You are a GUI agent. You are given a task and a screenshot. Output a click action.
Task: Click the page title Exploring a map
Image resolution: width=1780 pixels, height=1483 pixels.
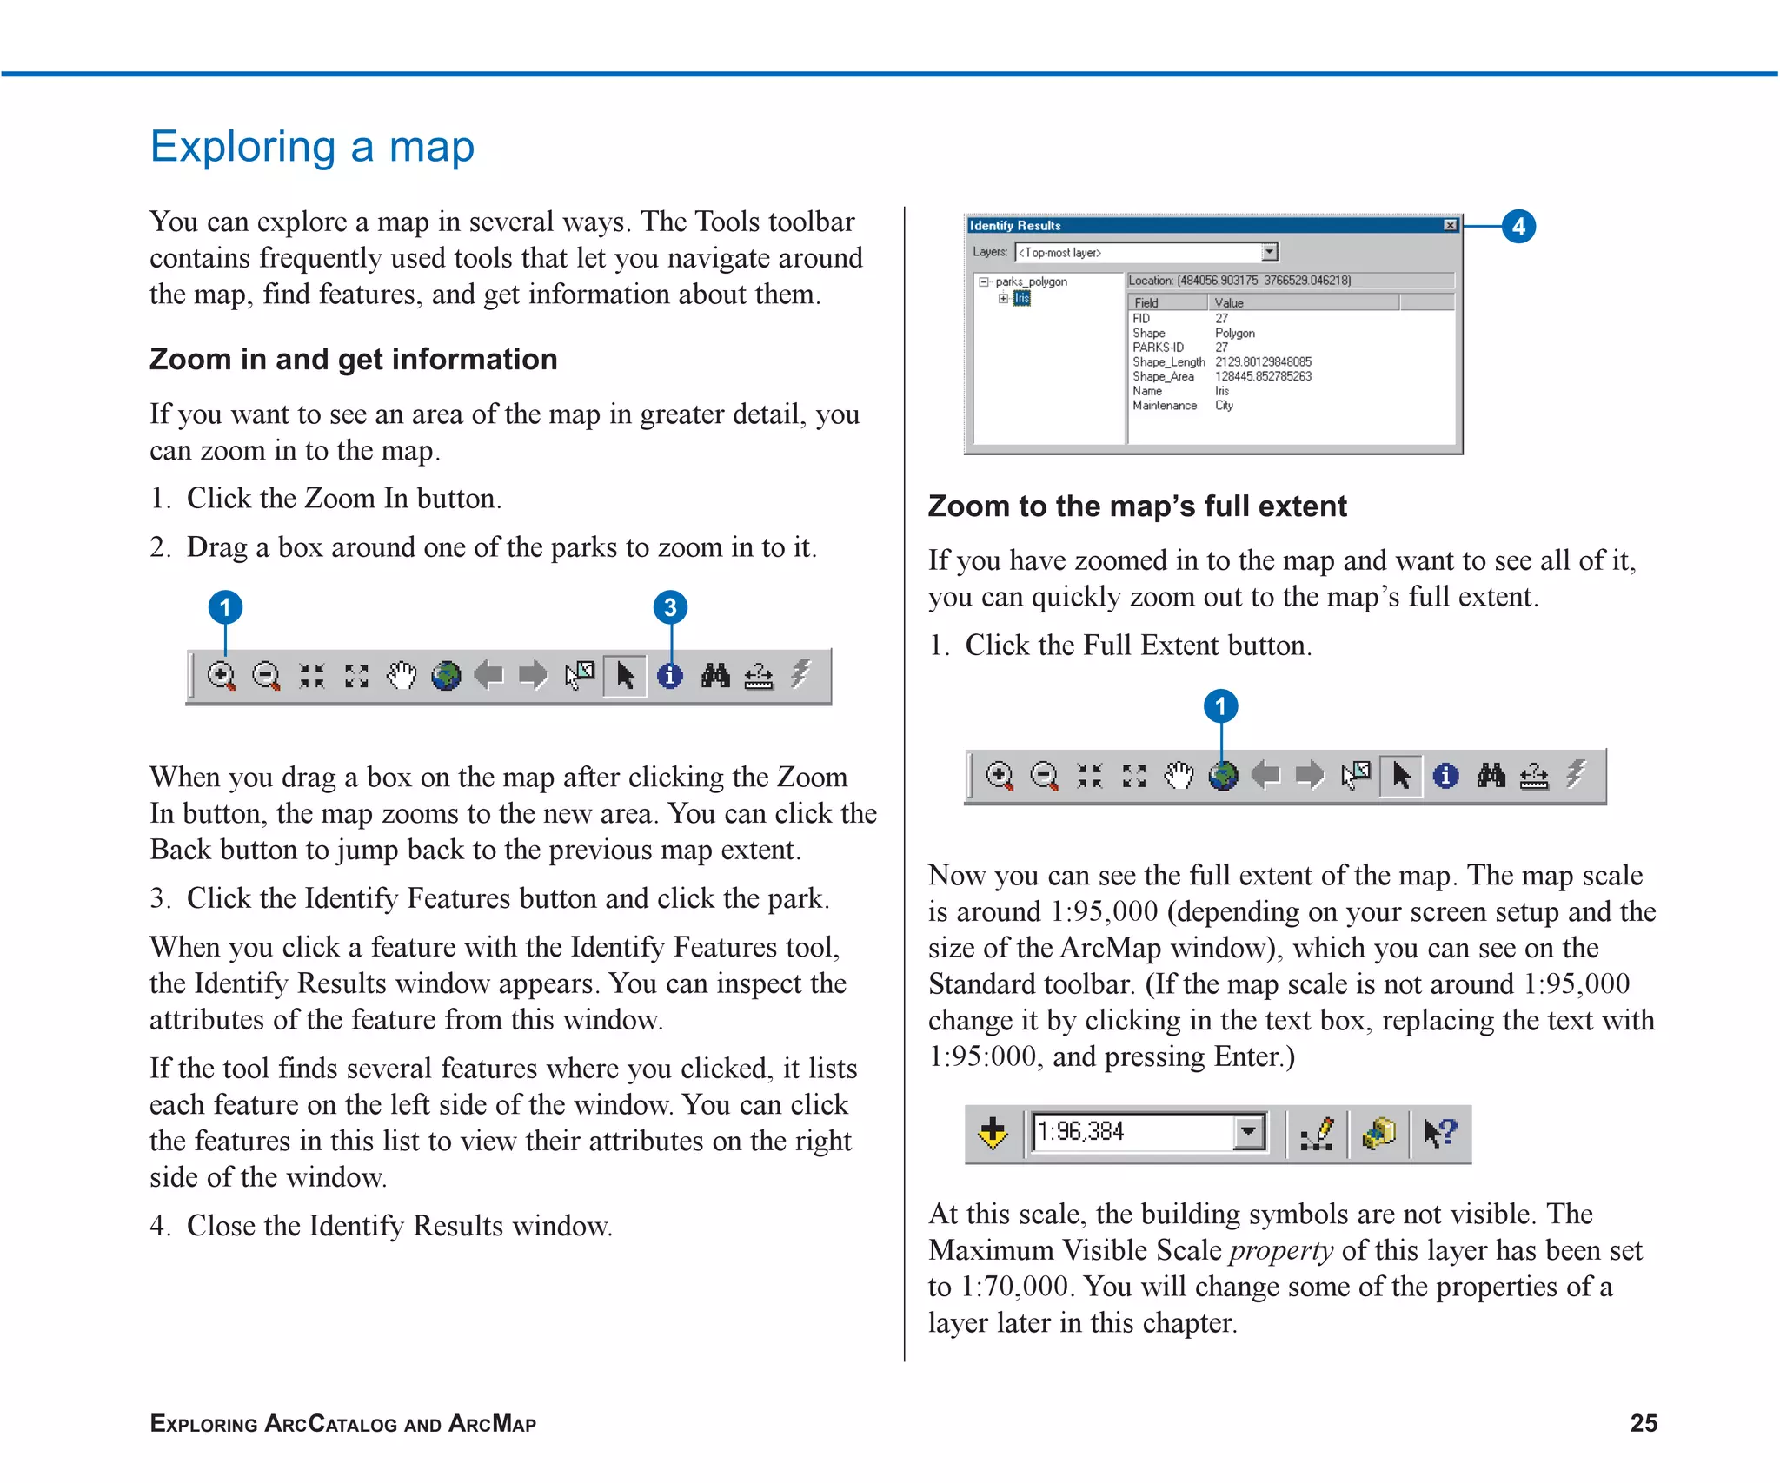coord(312,147)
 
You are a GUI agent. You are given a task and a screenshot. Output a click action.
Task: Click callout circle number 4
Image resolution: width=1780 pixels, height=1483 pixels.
coord(1518,227)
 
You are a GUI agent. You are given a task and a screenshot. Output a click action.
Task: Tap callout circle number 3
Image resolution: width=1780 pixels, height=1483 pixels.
coord(670,607)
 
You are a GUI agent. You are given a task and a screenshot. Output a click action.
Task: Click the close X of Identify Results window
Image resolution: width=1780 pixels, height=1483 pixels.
coord(1450,225)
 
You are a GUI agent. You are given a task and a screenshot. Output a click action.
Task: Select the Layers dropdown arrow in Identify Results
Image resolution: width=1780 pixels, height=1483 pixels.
coord(1270,252)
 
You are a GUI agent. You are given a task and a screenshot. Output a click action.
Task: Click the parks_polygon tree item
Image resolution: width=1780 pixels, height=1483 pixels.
coord(1031,281)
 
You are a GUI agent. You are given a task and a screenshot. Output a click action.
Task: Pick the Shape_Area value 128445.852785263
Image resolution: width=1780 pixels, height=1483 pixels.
coord(1263,376)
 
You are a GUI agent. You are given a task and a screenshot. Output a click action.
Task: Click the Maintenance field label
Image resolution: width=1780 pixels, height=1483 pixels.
coord(1164,406)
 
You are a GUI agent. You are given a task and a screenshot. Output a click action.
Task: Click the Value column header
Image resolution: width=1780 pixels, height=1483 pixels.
coord(1229,303)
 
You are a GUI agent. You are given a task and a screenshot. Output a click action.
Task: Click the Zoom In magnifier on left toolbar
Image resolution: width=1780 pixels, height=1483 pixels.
coord(221,675)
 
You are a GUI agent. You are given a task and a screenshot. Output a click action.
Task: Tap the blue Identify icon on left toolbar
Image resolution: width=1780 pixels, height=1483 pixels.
coord(669,675)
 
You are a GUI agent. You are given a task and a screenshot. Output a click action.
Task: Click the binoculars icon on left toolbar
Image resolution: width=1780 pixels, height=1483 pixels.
coord(715,675)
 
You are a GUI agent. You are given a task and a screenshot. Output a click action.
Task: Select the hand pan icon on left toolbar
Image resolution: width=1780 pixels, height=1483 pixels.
coord(402,675)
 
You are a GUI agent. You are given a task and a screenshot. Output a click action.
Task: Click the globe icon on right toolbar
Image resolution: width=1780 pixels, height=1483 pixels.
coord(1223,775)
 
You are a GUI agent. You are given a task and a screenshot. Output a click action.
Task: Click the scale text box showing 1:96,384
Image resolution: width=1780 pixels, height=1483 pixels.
coord(1130,1132)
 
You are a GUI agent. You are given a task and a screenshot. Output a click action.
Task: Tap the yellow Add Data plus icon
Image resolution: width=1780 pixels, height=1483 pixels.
coord(993,1133)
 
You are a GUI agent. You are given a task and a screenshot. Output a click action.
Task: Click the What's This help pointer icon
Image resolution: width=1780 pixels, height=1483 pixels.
coord(1439,1133)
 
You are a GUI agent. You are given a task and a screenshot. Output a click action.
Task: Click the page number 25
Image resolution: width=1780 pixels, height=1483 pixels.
coord(1644,1423)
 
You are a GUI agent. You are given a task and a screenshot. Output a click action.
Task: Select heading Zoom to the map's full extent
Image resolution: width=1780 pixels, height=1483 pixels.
coord(1137,506)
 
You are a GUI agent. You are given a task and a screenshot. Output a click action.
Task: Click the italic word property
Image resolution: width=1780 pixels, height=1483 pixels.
coord(1281,1250)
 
